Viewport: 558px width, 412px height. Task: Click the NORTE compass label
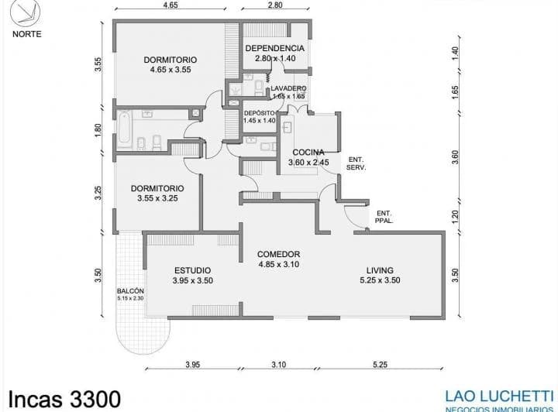(27, 34)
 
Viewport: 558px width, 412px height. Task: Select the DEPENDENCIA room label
(275, 48)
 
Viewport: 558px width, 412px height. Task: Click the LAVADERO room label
(288, 88)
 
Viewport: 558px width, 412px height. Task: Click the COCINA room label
(308, 153)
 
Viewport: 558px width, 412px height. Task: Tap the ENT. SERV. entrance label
(356, 163)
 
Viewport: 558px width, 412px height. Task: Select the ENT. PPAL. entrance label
(384, 217)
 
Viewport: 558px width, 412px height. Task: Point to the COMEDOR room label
(278, 254)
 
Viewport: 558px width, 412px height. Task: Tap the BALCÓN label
(131, 290)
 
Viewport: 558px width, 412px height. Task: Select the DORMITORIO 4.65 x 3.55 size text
(170, 70)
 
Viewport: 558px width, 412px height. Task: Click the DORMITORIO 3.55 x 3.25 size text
(157, 198)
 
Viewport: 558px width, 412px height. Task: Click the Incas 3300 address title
(61, 399)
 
